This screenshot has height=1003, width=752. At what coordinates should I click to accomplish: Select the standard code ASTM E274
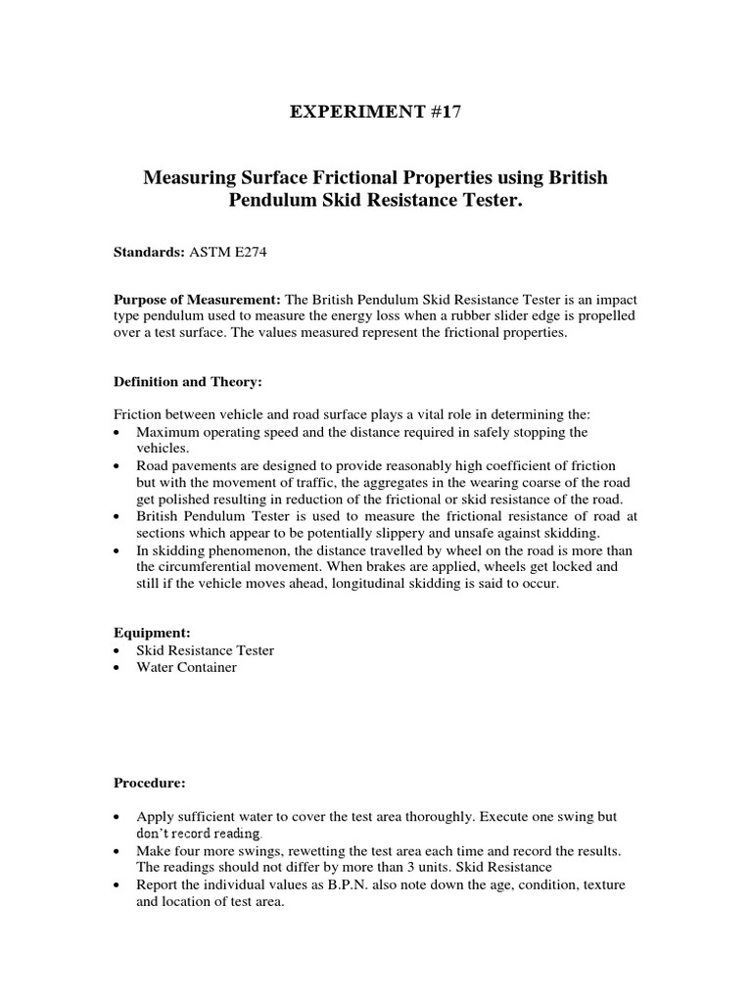click(x=223, y=252)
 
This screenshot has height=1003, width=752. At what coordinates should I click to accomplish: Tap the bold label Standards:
click(x=148, y=252)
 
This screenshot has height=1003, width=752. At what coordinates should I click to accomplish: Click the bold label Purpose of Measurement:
click(x=197, y=299)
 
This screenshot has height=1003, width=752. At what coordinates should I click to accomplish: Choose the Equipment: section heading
click(x=151, y=633)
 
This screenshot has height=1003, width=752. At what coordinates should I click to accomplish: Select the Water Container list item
click(x=186, y=668)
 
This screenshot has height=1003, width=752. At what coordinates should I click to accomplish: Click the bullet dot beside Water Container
click(x=118, y=668)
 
